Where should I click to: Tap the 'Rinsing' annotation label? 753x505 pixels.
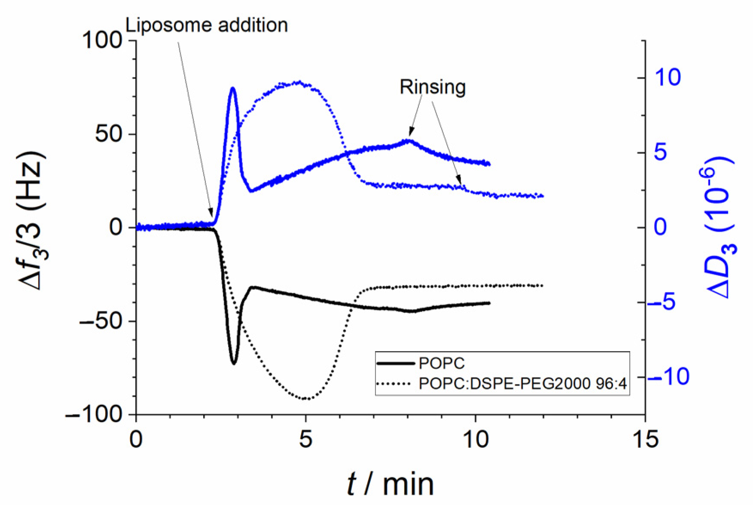tap(433, 87)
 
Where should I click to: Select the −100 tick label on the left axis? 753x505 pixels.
tap(94, 414)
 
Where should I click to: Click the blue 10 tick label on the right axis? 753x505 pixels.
tap(668, 77)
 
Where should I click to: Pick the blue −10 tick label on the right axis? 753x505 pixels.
tap(668, 377)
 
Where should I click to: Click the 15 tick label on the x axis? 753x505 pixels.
tap(645, 439)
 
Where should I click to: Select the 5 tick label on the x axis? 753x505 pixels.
tap(305, 439)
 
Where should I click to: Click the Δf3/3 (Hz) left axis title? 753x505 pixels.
tap(33, 220)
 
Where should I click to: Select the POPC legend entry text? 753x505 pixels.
tap(442, 364)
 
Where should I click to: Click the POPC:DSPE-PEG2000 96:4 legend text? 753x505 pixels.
tap(523, 383)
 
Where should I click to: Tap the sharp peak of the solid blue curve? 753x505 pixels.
tap(233, 88)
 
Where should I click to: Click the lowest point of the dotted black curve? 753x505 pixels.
tap(305, 399)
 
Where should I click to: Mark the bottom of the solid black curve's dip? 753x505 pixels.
tap(234, 364)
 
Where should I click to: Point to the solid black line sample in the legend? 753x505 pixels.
tap(395, 364)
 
